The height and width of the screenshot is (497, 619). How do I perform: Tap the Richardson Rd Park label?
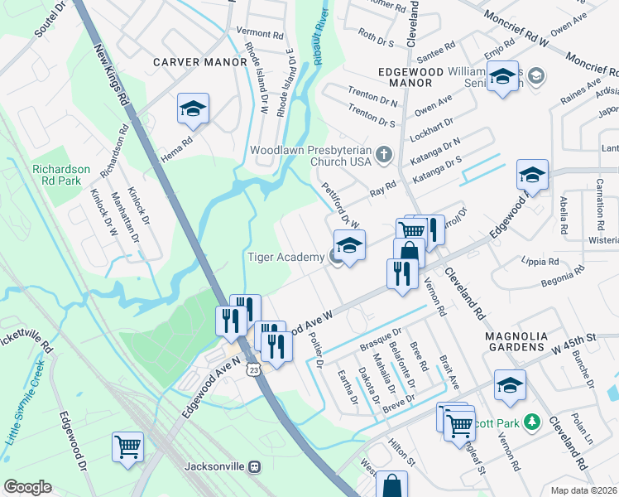pyautogui.click(x=61, y=176)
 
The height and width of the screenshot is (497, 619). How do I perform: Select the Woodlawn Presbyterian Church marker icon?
pyautogui.click(x=384, y=153)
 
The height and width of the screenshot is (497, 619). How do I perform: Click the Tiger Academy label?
pyautogui.click(x=286, y=257)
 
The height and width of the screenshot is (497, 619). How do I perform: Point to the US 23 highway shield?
pyautogui.click(x=253, y=371)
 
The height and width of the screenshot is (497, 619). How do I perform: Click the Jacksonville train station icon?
pyautogui.click(x=257, y=466)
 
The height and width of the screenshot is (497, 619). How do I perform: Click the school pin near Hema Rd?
pyautogui.click(x=193, y=109)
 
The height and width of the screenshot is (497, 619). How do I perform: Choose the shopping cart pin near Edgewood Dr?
pyautogui.click(x=128, y=447)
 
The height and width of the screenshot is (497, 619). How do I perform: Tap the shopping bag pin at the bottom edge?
pyautogui.click(x=391, y=485)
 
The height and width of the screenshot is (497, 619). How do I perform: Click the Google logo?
pyautogui.click(x=27, y=487)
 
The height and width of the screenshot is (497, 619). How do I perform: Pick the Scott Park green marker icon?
pyautogui.click(x=533, y=423)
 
